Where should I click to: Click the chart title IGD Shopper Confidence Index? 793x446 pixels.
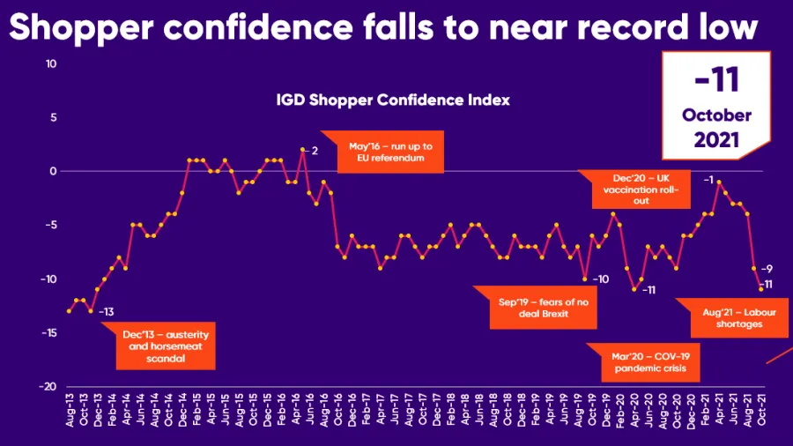393,100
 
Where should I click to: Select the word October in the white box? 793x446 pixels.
715,115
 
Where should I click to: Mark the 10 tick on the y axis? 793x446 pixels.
50,63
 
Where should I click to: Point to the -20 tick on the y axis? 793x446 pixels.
48,386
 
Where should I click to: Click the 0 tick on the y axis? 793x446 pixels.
53,171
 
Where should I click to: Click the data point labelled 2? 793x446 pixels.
302,150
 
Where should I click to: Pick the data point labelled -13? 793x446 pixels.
90,311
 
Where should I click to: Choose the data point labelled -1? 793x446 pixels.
719,182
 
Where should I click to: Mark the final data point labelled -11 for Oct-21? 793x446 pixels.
760,289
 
